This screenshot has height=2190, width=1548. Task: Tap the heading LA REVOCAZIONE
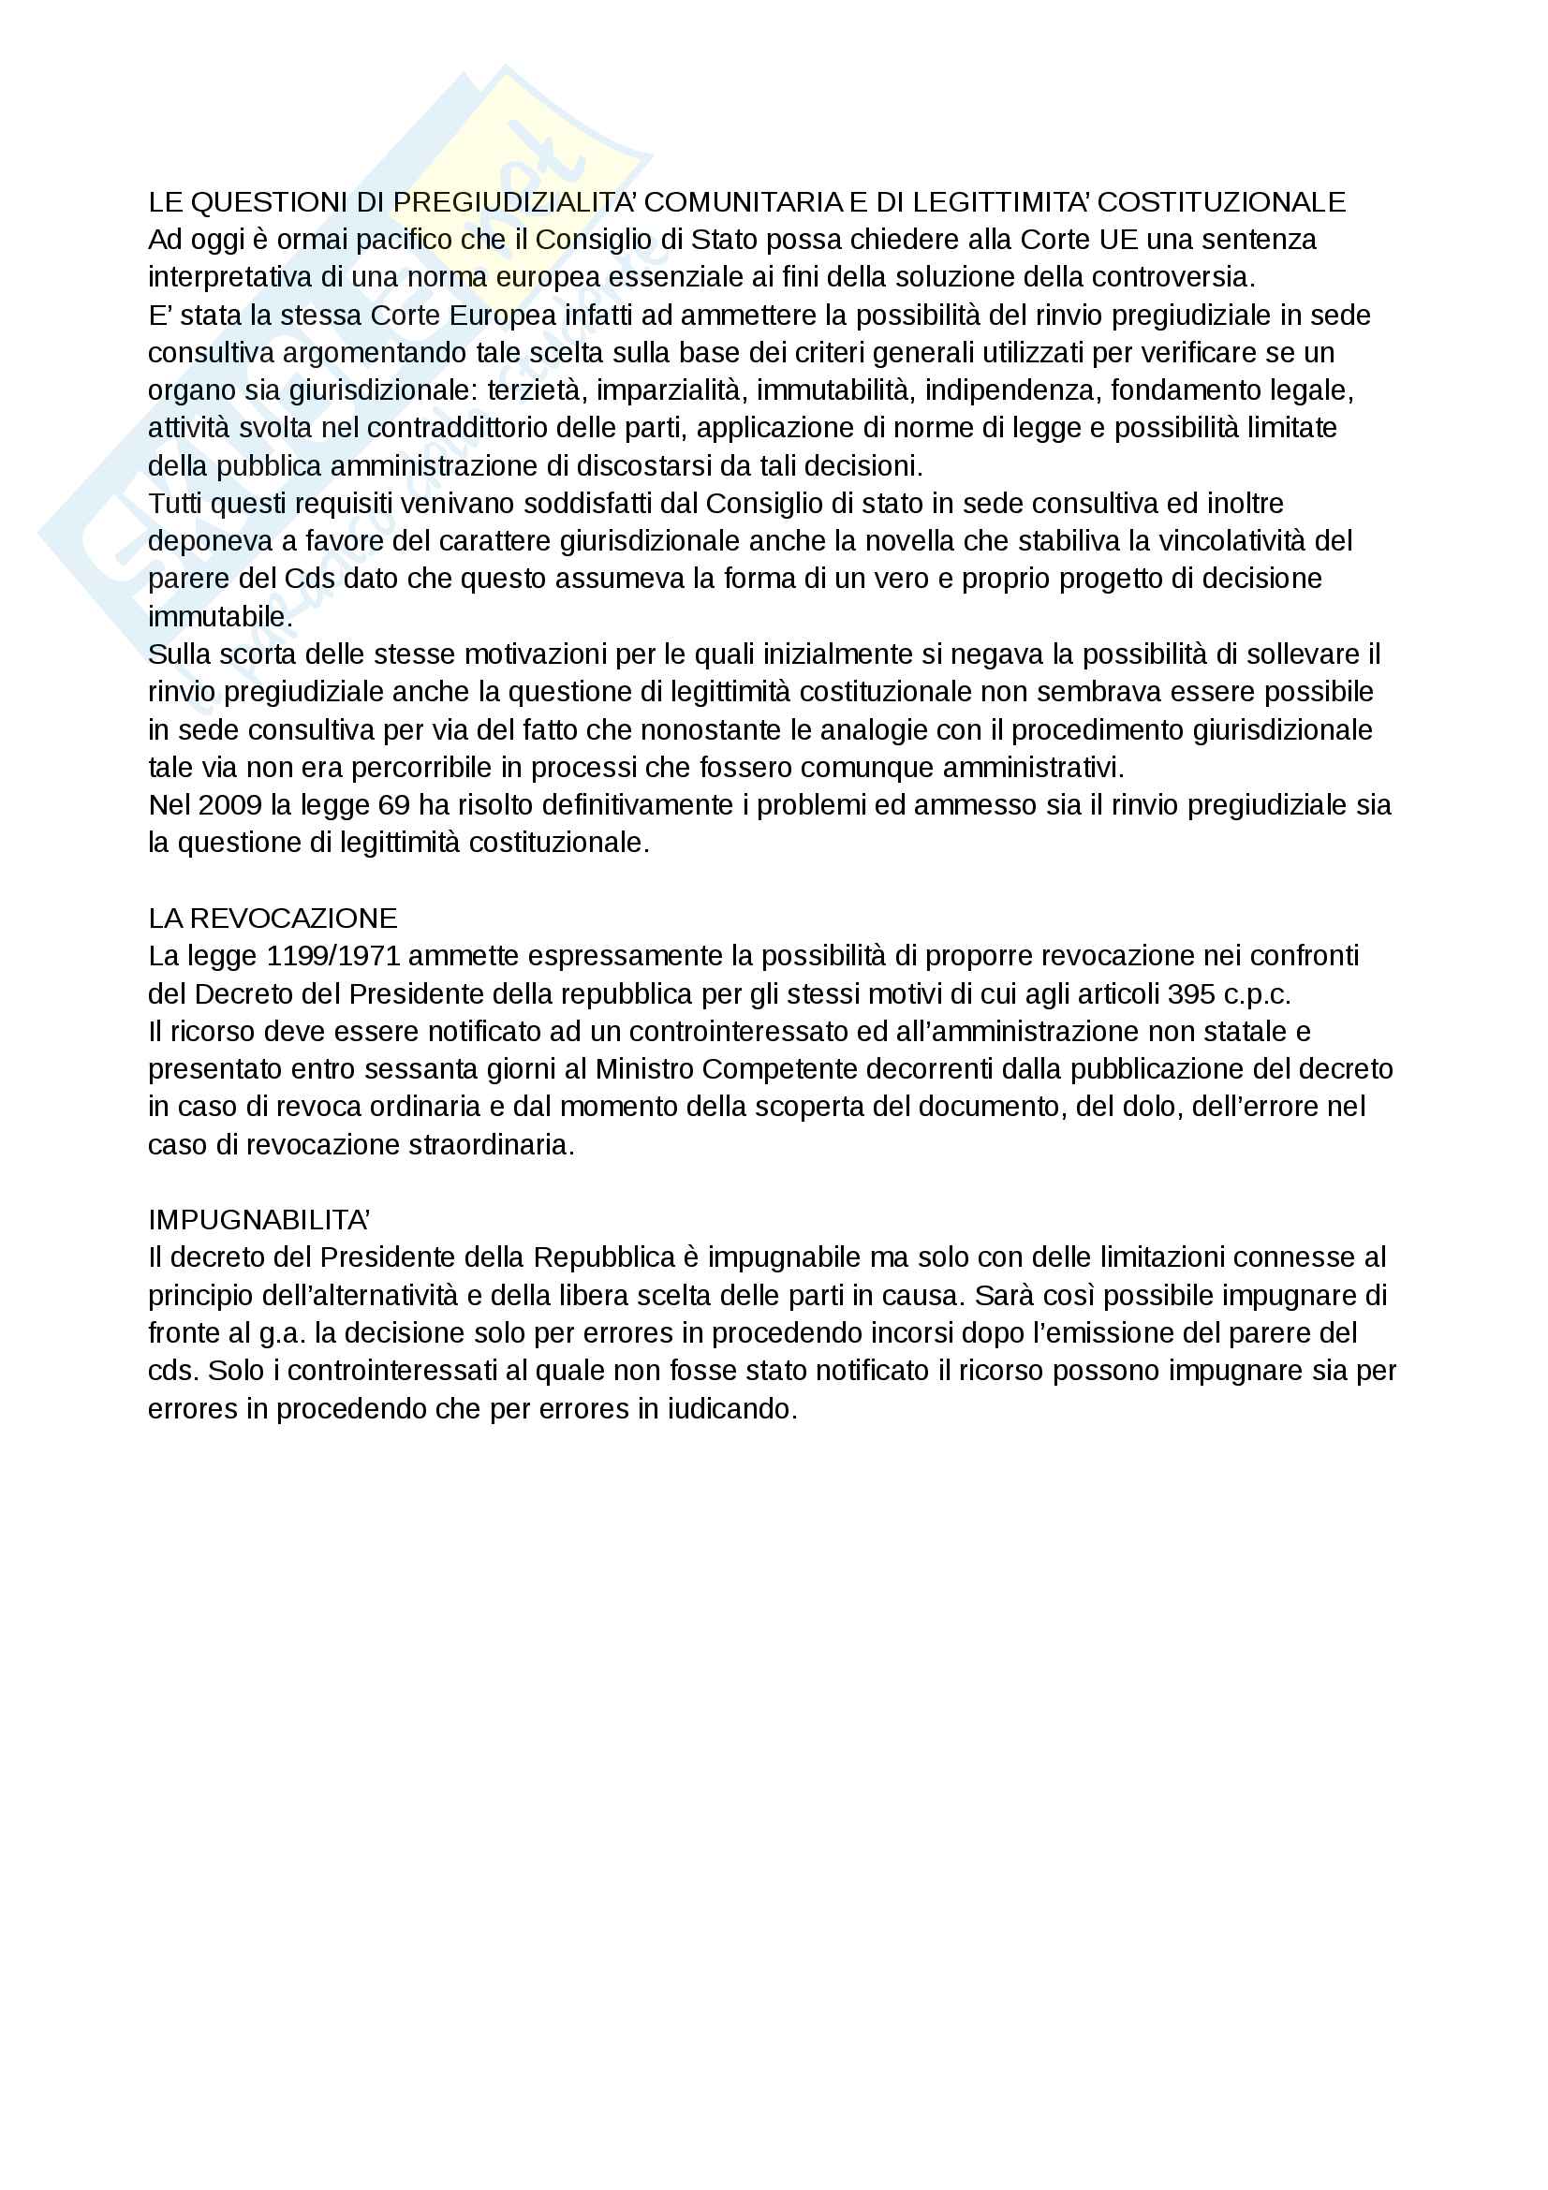tap(273, 919)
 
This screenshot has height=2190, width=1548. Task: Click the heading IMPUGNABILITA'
tap(258, 1220)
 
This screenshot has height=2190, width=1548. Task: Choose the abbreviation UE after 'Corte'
tap(1119, 240)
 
